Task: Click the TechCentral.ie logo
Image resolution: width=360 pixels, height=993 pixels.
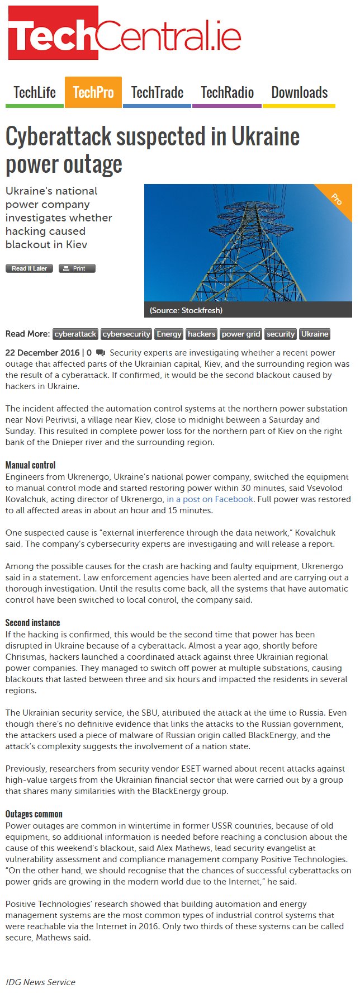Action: (x=124, y=34)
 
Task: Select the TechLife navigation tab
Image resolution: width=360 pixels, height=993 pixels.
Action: (x=35, y=92)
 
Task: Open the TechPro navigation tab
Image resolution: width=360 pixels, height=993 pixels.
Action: (x=93, y=92)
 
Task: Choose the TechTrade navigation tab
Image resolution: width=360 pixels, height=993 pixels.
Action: (x=157, y=92)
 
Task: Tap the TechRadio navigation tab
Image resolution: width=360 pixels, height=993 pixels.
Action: (x=227, y=92)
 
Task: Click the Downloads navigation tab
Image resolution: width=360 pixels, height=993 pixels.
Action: (x=299, y=92)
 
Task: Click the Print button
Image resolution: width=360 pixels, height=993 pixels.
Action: (x=77, y=268)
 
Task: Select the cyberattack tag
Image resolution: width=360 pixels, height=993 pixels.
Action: (x=75, y=334)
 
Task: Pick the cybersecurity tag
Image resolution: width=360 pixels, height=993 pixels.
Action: (x=126, y=334)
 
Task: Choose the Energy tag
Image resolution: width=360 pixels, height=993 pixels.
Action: (x=169, y=334)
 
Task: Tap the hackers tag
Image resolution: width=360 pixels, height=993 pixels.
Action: (x=201, y=334)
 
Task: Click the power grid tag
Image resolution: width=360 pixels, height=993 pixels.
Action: (x=241, y=334)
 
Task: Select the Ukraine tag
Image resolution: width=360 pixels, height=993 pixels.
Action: (x=315, y=334)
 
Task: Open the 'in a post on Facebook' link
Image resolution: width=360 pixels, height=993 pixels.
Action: (x=210, y=499)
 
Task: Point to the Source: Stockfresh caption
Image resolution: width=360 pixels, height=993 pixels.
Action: (x=186, y=310)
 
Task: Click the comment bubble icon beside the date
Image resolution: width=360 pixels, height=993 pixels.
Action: (x=101, y=353)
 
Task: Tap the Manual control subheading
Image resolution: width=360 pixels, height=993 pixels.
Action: (x=30, y=465)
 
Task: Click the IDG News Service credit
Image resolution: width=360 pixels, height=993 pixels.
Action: (x=40, y=982)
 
